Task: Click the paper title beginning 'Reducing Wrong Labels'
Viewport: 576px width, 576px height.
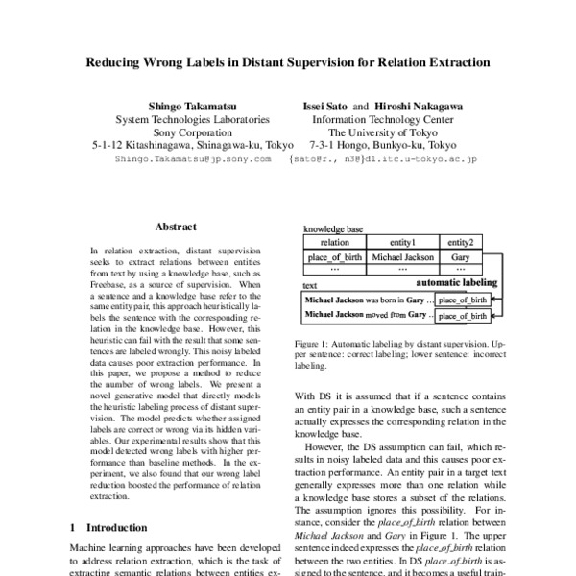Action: tap(288, 62)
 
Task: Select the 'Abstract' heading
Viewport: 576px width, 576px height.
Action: tap(177, 228)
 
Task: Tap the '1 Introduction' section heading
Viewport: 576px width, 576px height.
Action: tap(109, 527)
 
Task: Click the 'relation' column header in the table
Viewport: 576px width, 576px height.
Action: tap(335, 243)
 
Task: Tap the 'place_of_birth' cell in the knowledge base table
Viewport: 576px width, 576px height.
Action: tap(335, 257)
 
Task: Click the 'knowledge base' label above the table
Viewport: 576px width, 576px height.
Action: tap(332, 230)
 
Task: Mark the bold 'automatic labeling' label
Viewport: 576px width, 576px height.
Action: tap(456, 283)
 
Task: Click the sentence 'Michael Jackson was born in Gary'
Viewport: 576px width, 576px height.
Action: tap(366, 300)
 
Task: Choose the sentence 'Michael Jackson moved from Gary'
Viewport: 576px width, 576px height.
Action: tap(366, 314)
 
